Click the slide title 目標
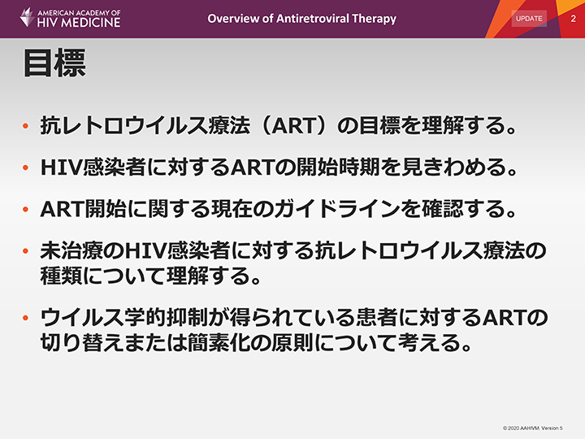[x=54, y=63]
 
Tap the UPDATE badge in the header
[x=529, y=18]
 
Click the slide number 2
[x=573, y=19]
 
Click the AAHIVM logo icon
[x=28, y=17]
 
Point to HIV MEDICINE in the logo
[x=79, y=23]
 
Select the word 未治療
[x=71, y=251]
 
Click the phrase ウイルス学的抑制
[x=123, y=318]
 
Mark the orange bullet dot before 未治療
[x=26, y=251]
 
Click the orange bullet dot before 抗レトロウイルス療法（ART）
[x=26, y=126]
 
